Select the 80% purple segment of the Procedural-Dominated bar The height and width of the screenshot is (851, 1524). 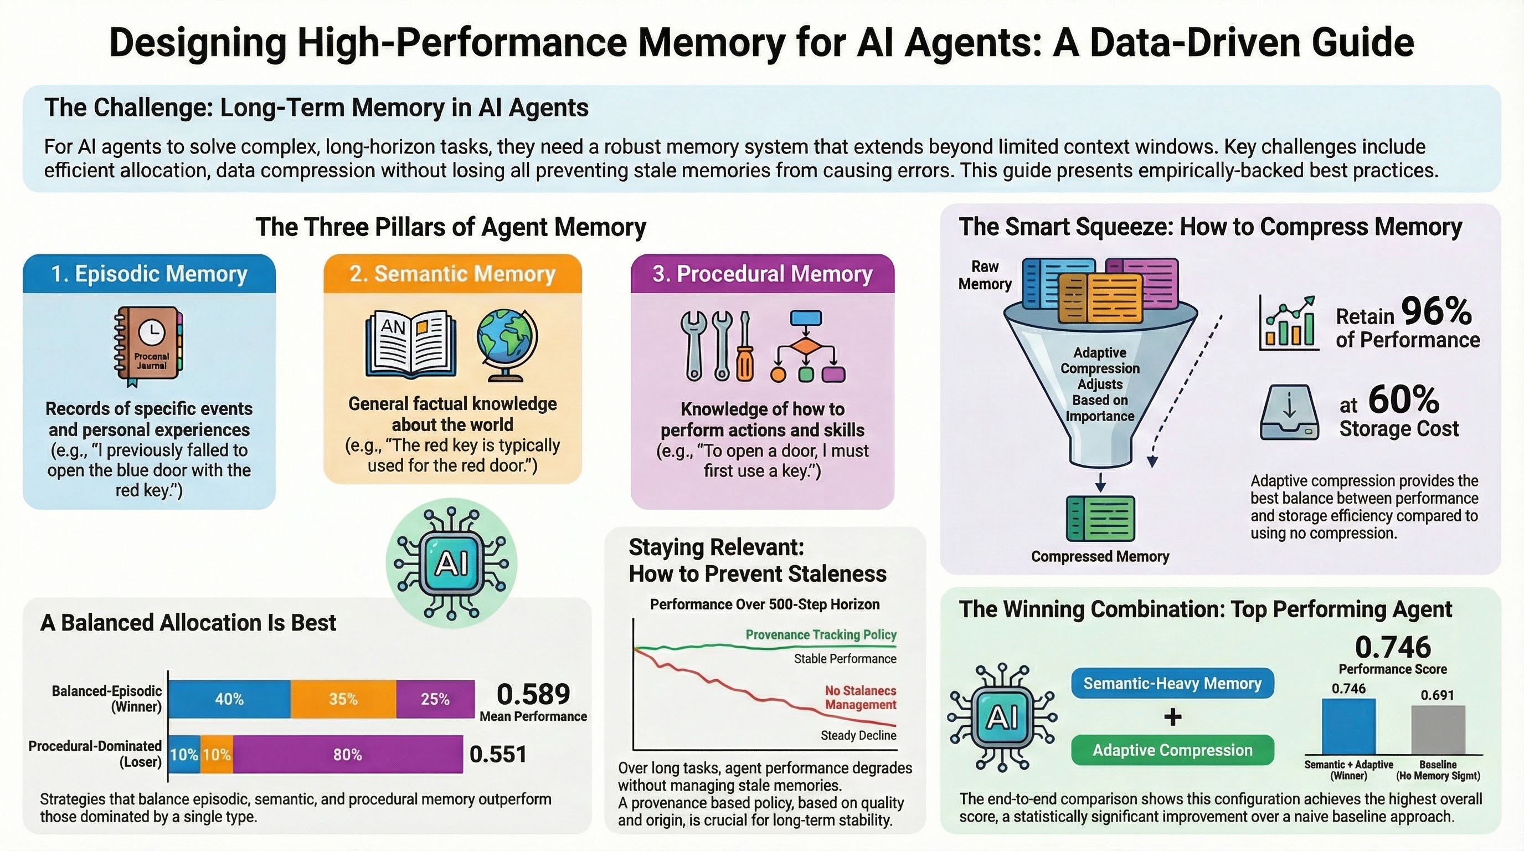[347, 755]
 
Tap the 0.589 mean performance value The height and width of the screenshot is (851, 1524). [533, 694]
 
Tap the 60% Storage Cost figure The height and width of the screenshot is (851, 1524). [1403, 400]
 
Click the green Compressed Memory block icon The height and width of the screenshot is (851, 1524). [1100, 519]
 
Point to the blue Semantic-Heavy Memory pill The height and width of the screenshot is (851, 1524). [1172, 684]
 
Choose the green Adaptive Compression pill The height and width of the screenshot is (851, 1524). [1172, 750]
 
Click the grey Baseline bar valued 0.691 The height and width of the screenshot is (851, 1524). [1438, 730]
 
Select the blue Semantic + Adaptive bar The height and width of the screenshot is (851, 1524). [1348, 727]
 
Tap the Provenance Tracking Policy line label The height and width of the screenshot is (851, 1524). [821, 635]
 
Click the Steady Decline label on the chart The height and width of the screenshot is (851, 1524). [858, 736]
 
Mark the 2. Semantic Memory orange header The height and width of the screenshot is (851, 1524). [452, 274]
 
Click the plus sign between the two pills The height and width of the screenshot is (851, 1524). [1172, 717]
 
